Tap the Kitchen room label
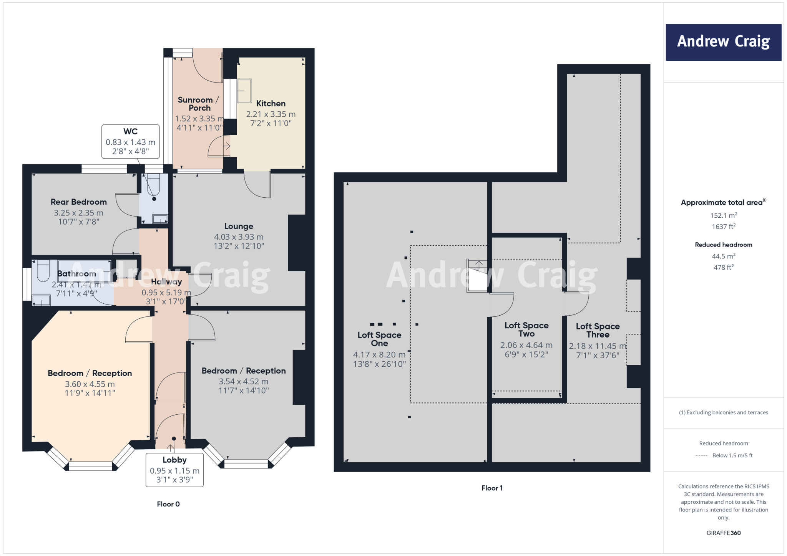coord(271,103)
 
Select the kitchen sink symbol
coord(244,91)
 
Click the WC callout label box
coord(130,141)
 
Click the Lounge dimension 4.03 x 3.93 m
coord(239,237)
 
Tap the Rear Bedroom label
coord(79,202)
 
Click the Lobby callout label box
coord(174,470)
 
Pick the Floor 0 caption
coord(168,504)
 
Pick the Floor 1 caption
coord(492,488)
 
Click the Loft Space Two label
coord(526,329)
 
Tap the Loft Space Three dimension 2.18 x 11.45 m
coord(598,346)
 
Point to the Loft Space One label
coord(379,339)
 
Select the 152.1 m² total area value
coord(723,215)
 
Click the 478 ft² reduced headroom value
coord(723,267)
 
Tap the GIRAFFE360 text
coord(723,533)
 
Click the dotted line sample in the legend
coord(701,456)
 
